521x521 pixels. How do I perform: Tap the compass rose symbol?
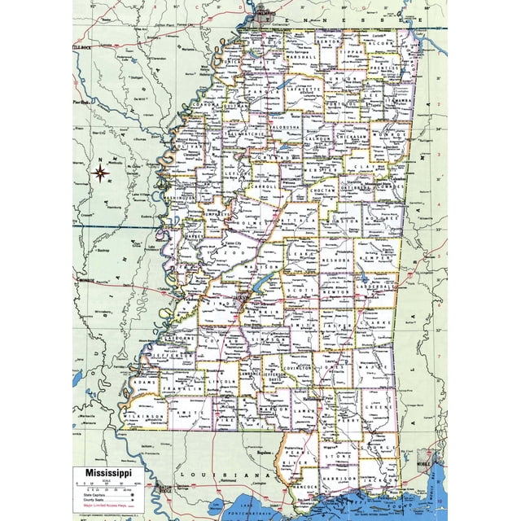click(102, 172)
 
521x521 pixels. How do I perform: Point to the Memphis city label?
click(263, 14)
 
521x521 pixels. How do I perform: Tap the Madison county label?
click(259, 266)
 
